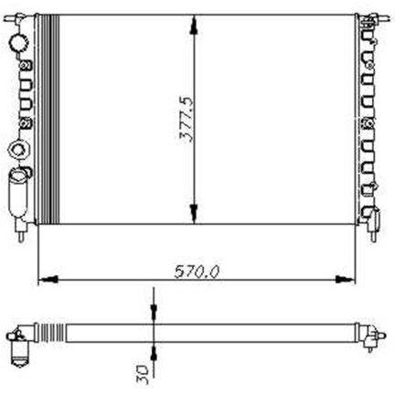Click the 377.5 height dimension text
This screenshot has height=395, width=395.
186,120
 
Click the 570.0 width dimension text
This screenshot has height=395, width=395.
197,272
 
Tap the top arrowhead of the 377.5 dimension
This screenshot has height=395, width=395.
194,26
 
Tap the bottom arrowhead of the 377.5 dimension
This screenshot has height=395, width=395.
194,214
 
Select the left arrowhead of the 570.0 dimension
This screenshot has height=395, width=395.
48,279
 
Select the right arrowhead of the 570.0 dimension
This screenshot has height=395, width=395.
346,279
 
